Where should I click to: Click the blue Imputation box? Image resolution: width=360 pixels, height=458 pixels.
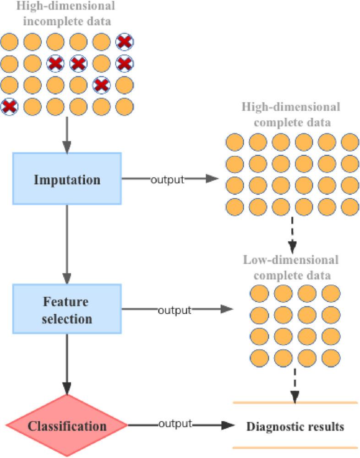(x=67, y=179)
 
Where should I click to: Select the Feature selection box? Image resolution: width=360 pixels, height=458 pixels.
(x=67, y=310)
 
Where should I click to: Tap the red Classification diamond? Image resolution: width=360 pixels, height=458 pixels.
(x=67, y=426)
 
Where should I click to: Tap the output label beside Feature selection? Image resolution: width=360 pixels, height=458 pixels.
(x=174, y=310)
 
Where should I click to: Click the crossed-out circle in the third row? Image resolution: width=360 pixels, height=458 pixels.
(x=101, y=85)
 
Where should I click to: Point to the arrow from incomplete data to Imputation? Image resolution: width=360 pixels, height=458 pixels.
(x=67, y=134)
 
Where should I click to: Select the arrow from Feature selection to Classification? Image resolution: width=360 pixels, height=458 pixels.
(x=67, y=364)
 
